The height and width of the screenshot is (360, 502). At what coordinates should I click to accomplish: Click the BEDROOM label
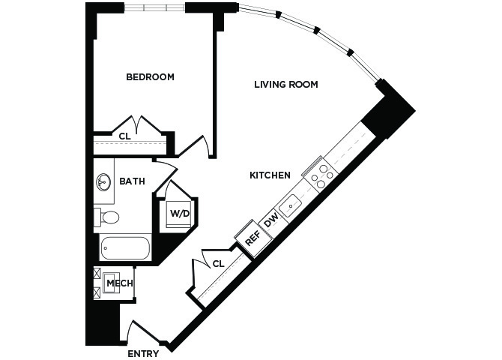(x=150, y=77)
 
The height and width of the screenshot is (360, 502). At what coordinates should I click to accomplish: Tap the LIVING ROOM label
(x=286, y=85)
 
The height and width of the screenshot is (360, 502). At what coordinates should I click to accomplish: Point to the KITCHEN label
(x=270, y=175)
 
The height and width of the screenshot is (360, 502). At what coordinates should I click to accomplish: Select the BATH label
(x=132, y=181)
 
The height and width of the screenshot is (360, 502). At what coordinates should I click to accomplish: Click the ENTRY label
(x=143, y=354)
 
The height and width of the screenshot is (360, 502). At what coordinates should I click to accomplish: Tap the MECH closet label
(x=120, y=283)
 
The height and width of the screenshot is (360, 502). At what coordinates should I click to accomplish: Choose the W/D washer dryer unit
(x=178, y=214)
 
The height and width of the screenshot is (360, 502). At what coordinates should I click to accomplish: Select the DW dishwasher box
(x=271, y=220)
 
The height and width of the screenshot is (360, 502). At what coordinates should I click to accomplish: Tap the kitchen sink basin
(x=290, y=205)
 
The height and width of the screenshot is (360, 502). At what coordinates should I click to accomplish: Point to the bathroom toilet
(x=106, y=217)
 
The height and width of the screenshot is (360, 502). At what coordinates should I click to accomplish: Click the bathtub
(x=125, y=247)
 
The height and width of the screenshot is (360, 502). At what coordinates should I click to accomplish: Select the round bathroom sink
(x=103, y=182)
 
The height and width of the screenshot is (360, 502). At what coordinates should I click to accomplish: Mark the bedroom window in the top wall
(x=154, y=7)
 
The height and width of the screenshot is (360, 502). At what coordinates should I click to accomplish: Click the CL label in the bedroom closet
(x=125, y=136)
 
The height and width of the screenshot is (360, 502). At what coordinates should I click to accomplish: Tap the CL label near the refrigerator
(x=219, y=264)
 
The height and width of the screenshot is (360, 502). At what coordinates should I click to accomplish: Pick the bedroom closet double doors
(x=138, y=125)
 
